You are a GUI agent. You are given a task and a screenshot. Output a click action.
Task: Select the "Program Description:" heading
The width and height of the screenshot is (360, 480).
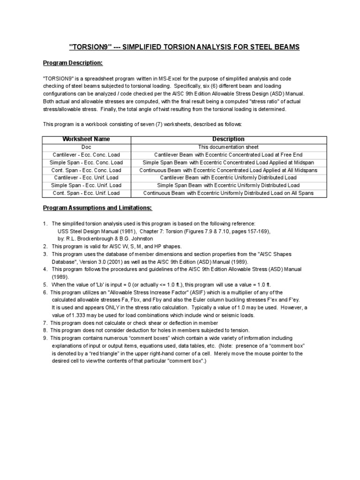coord(73,63)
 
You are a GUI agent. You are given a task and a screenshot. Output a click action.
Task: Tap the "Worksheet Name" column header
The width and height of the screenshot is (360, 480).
coord(87,139)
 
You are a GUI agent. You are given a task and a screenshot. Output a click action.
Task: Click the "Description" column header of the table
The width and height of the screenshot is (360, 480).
coord(228,139)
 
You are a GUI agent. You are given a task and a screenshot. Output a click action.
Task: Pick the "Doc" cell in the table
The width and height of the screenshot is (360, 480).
coord(86,147)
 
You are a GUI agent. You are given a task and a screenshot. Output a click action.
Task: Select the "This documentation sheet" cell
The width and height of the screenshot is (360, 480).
coord(228,147)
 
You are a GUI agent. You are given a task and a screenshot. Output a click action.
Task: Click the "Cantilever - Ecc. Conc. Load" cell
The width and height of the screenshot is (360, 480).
coord(86,155)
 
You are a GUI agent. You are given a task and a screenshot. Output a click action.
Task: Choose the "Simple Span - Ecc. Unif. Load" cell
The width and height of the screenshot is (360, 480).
coord(86,186)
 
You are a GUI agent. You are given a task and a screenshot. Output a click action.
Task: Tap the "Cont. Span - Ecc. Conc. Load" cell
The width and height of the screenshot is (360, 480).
coord(86,170)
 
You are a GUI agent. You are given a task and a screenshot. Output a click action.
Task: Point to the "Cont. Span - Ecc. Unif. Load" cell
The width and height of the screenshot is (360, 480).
coord(86,193)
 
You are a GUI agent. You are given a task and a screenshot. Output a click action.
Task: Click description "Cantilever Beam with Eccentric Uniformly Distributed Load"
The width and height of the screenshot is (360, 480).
coord(228,178)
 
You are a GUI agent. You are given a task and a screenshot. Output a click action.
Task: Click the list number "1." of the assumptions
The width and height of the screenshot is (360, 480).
coord(45,224)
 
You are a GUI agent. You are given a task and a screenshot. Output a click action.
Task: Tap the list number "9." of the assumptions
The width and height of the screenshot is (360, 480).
coord(45,338)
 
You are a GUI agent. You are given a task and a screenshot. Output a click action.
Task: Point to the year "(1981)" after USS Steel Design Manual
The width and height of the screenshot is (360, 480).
coord(117,231)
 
